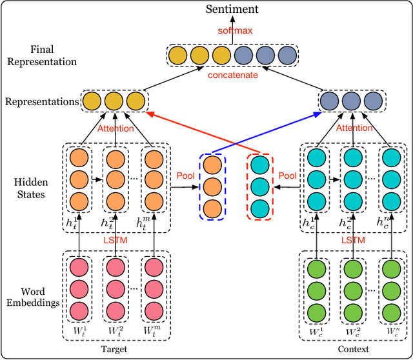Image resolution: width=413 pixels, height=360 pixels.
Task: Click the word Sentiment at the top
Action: click(232, 8)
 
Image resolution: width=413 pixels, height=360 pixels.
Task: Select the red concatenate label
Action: click(234, 75)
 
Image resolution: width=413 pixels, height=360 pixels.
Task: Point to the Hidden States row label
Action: click(29, 187)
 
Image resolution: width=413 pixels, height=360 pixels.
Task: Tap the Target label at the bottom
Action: click(114, 349)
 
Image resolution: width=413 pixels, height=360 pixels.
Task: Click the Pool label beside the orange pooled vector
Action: click(185, 176)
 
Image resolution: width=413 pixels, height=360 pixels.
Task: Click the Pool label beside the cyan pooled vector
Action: click(288, 176)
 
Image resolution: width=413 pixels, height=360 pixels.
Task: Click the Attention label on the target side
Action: click(116, 128)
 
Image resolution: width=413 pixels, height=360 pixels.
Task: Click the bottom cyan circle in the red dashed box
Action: click(259, 208)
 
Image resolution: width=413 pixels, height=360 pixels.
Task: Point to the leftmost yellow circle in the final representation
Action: click(178, 55)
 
